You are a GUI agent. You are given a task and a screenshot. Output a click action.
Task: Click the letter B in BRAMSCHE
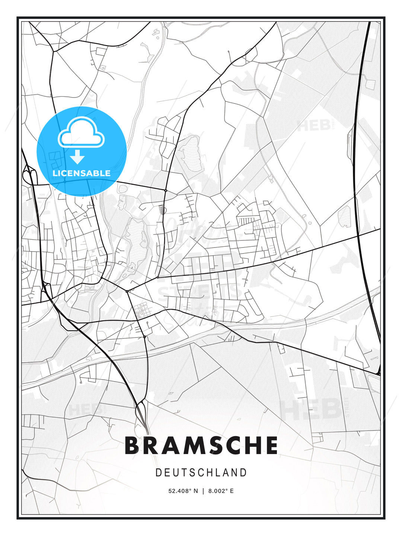(133, 445)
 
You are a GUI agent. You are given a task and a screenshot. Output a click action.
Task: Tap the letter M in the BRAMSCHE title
(187, 445)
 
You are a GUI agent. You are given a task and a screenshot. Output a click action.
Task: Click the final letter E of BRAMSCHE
(272, 445)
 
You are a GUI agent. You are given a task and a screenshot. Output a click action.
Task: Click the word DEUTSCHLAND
(201, 472)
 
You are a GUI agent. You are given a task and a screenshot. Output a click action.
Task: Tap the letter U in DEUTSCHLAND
(176, 472)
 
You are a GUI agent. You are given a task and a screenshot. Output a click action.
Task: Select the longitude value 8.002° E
(221, 491)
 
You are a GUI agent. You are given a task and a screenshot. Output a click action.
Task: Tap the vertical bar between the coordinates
(203, 491)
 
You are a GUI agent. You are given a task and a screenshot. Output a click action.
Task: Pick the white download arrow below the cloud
(77, 157)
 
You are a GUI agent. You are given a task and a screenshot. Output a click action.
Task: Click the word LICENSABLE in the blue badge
(82, 173)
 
